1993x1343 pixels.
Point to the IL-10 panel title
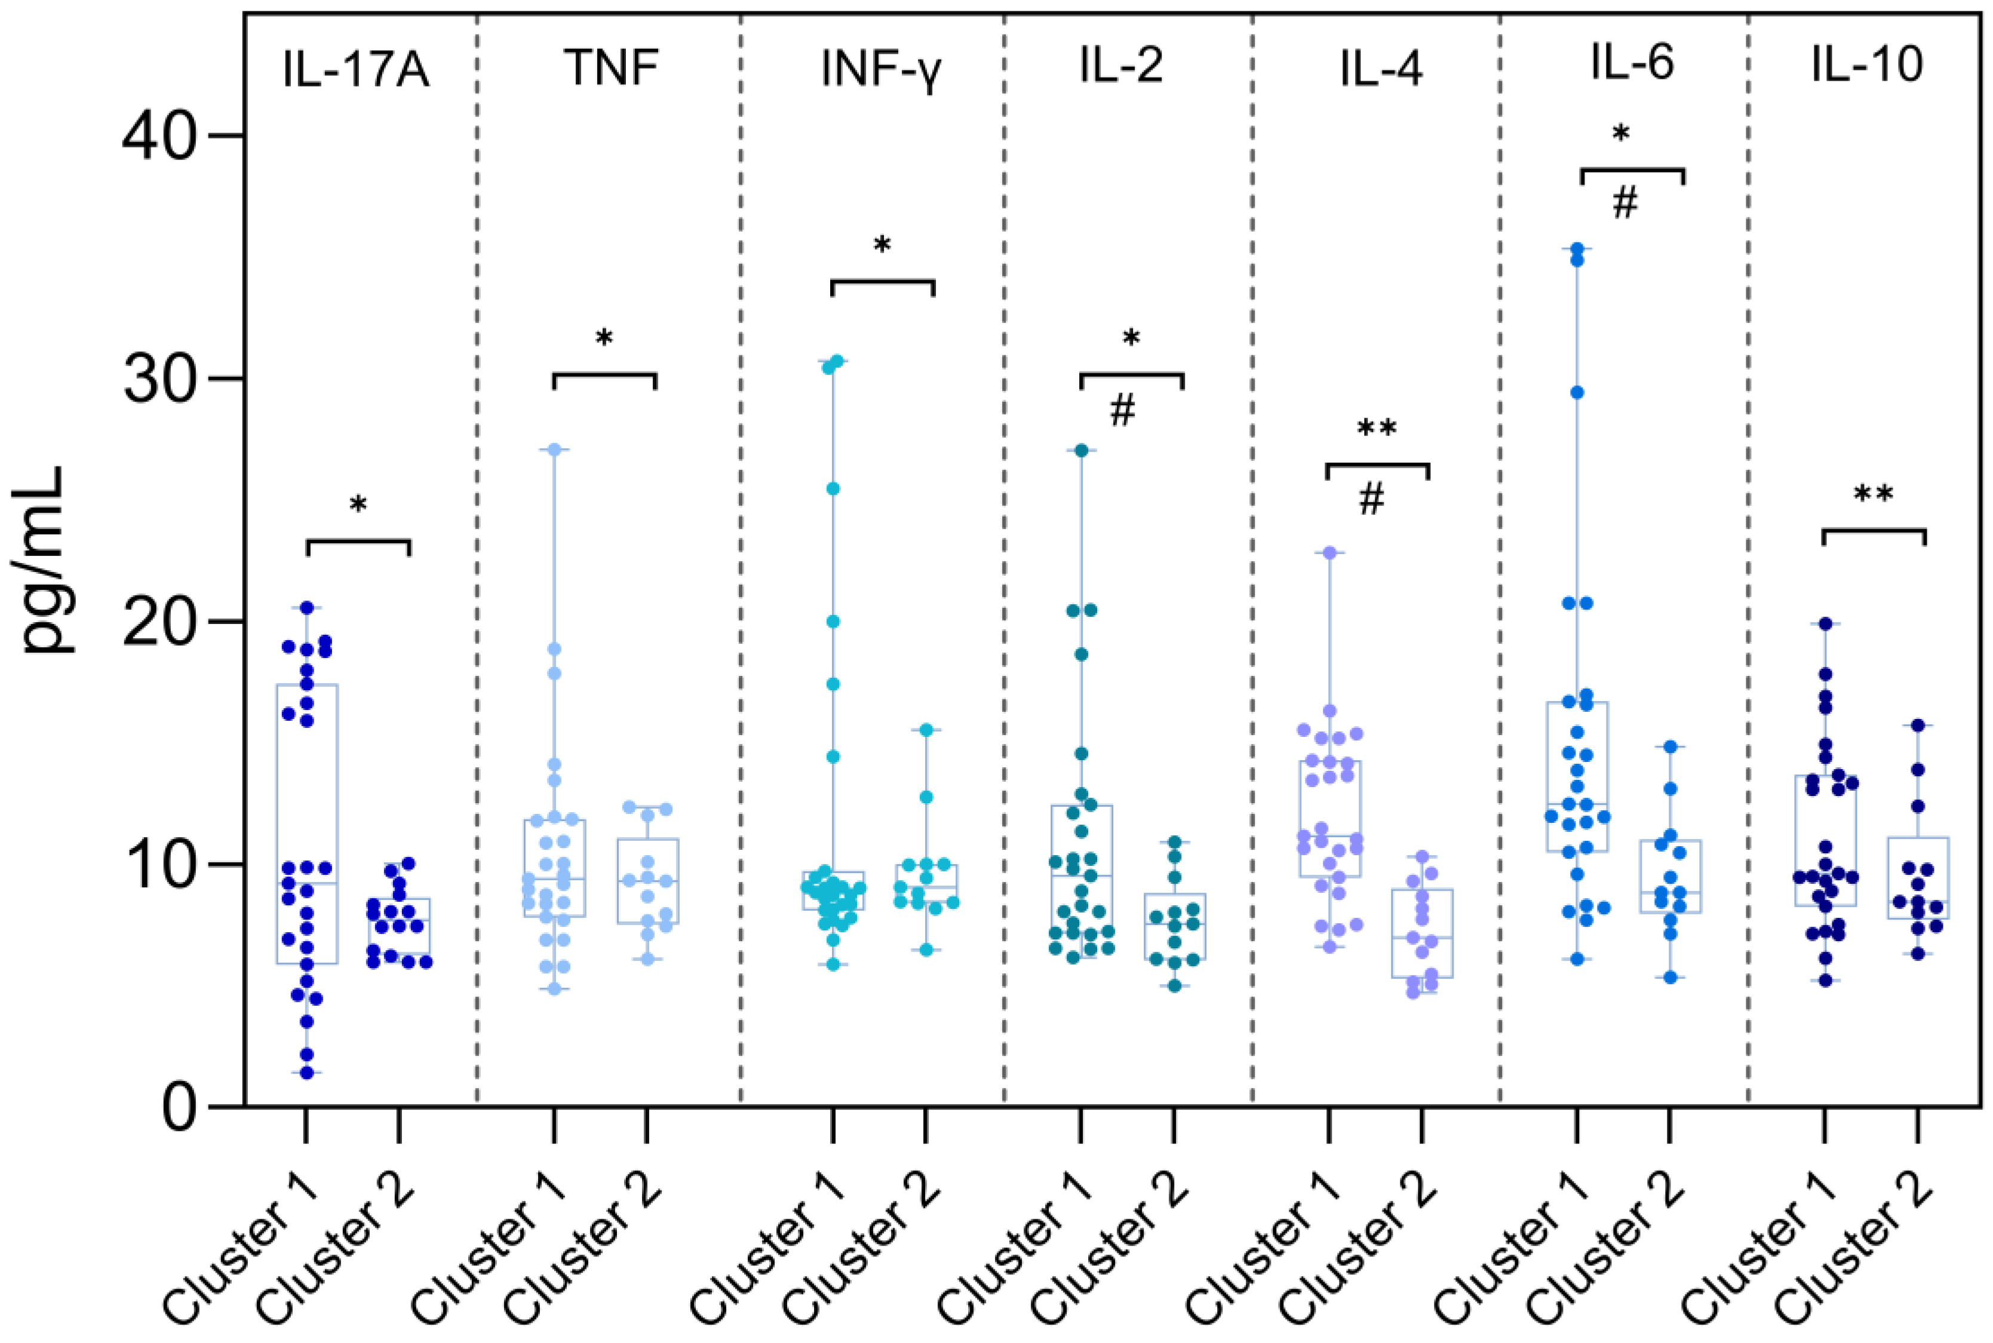point(1867,64)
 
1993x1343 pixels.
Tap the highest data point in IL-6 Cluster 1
point(1577,249)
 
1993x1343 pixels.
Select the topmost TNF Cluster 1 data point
point(554,450)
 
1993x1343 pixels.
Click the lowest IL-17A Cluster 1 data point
point(306,1072)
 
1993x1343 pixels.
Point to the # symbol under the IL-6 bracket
point(1625,204)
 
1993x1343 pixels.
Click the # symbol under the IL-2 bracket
point(1122,411)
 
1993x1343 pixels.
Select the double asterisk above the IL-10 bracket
point(1873,495)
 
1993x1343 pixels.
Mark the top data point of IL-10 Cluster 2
point(1918,726)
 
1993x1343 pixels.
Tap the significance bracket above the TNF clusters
point(604,374)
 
